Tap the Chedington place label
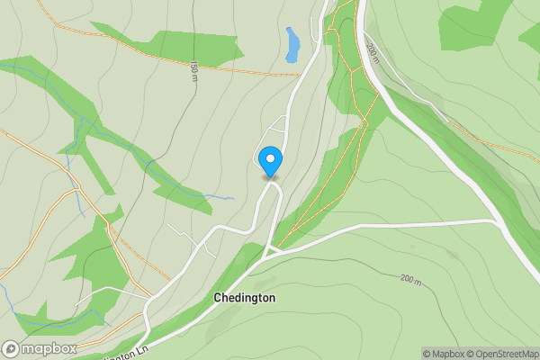(x=245, y=298)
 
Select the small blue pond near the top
(x=292, y=44)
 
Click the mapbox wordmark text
(x=49, y=348)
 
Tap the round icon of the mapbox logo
(x=11, y=348)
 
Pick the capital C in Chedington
(x=218, y=298)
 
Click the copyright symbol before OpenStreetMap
(x=474, y=354)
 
